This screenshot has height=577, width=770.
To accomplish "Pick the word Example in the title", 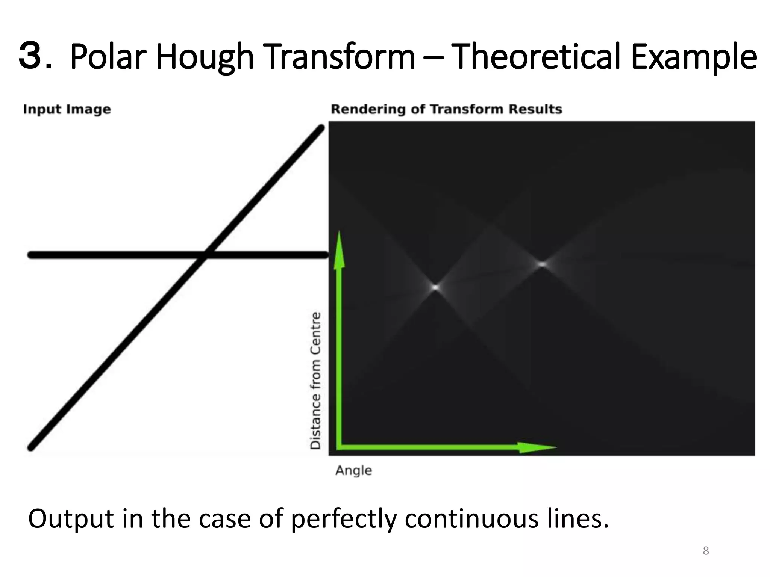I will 694,58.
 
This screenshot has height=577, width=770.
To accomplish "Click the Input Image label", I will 67,109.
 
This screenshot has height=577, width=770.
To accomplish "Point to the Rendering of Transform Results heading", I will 446,109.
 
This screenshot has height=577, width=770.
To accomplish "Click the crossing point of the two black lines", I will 205,255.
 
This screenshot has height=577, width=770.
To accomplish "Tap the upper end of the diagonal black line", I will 321,128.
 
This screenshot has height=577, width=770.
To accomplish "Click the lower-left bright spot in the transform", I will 435,287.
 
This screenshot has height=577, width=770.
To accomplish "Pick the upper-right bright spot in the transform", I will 542,264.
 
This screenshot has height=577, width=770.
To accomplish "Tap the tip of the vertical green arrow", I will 340,233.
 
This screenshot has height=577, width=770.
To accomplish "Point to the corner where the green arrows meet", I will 340,447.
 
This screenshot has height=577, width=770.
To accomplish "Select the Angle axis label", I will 354,470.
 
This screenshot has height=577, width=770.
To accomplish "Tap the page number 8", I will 706,551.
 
